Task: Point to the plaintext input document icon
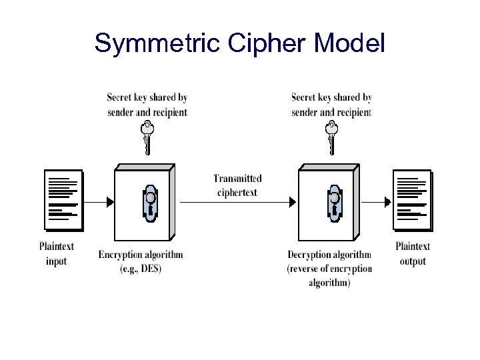click(63, 200)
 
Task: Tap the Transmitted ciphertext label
click(237, 185)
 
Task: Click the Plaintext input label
click(57, 253)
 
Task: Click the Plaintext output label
click(413, 253)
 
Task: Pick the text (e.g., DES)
click(141, 269)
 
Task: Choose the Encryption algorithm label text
click(141, 255)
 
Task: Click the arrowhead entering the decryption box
click(293, 201)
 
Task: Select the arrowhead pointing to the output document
click(388, 201)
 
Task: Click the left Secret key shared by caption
click(147, 98)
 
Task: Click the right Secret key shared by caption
click(331, 98)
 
